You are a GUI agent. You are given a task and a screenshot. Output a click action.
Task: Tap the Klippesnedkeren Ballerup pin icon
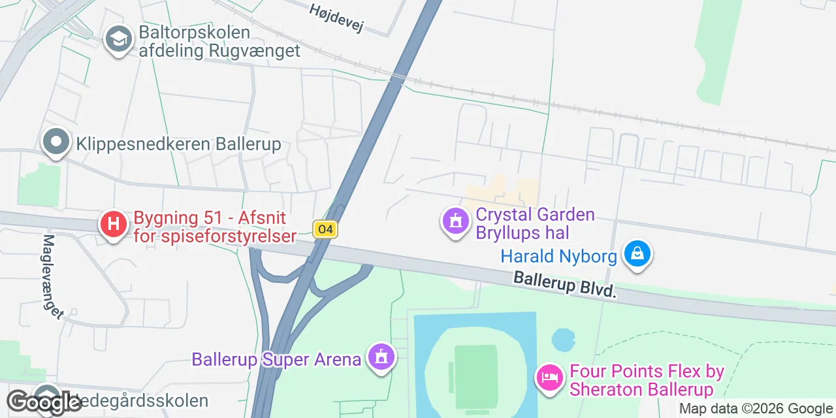click(56, 142)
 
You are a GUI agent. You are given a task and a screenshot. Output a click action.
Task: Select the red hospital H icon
click(113, 224)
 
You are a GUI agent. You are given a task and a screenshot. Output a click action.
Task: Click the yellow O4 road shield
click(325, 229)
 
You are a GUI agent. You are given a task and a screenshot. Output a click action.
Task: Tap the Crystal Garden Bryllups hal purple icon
click(456, 221)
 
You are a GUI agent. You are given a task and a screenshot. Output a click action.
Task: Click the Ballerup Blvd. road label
click(565, 285)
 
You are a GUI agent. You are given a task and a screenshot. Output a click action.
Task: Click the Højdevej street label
click(336, 16)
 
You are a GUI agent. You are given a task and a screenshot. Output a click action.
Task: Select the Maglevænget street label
click(53, 276)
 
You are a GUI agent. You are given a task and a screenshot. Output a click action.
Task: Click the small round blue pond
click(562, 340)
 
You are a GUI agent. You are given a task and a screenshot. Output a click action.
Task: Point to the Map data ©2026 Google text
click(756, 409)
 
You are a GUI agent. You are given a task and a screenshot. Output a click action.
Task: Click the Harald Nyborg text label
click(558, 256)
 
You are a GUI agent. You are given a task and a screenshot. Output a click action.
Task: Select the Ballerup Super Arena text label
click(276, 359)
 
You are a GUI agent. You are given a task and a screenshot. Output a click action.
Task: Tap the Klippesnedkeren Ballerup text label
click(178, 144)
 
